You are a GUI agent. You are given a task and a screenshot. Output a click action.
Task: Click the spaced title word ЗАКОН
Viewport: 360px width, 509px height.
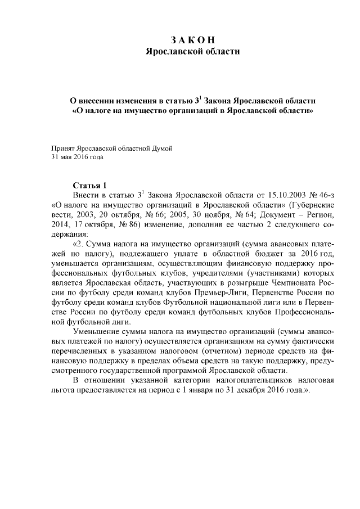pos(193,39)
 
